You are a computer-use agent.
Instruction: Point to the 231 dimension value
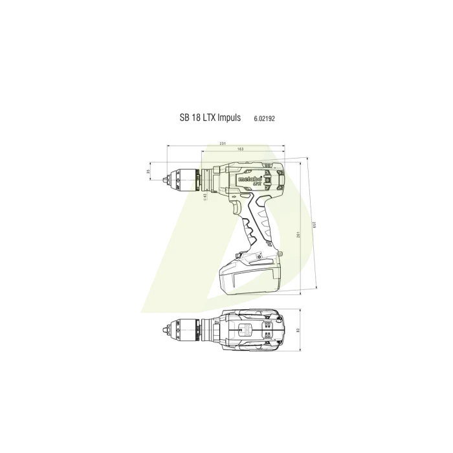[x=222, y=143]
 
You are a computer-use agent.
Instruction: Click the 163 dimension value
[x=240, y=149]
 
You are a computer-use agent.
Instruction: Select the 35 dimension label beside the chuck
[x=148, y=171]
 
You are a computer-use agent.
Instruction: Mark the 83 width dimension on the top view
[x=297, y=331]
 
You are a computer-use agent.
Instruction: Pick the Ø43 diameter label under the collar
[x=205, y=195]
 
